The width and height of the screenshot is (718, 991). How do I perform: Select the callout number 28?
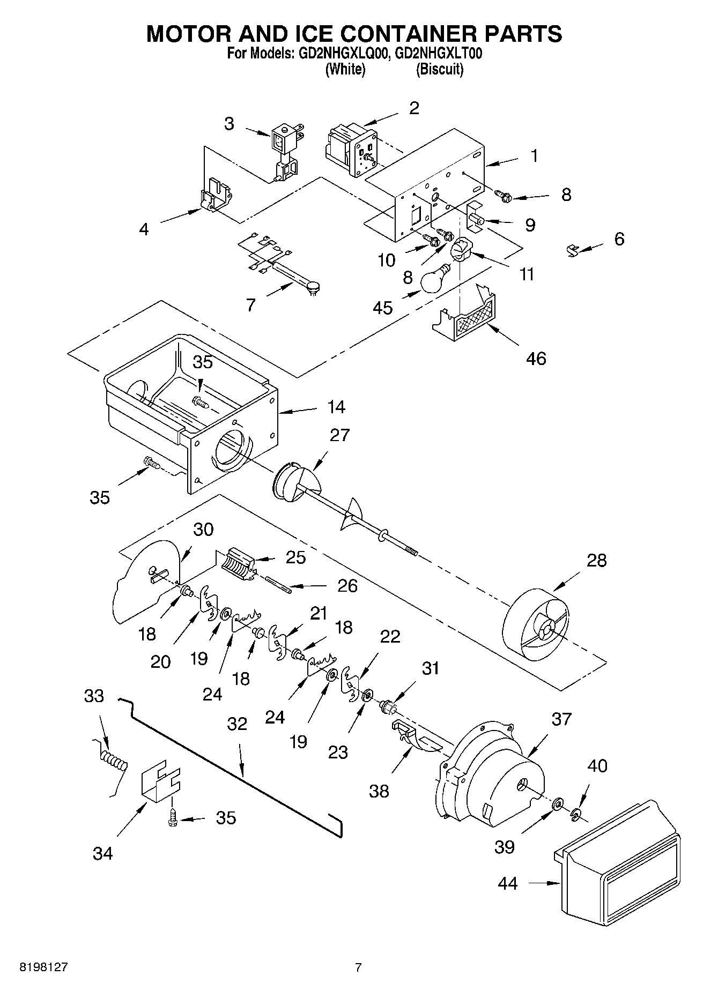coord(596,561)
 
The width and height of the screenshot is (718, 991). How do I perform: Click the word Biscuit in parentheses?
coord(439,69)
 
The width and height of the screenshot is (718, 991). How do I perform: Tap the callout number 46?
coord(536,358)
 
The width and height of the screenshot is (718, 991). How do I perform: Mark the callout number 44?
coord(507,883)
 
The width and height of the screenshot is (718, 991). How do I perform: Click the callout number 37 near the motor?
coord(561,719)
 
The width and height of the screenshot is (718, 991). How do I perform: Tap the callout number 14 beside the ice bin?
coord(336,407)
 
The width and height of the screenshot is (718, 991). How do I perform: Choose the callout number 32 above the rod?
coord(236,724)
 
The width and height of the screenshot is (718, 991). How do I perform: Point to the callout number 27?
coord(339,435)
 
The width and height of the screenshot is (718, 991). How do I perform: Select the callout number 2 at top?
coord(413,108)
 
